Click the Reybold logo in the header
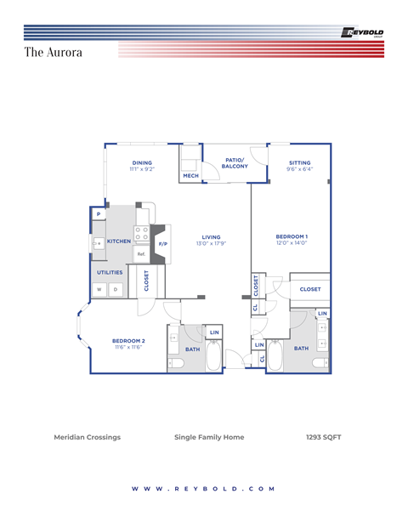[x=361, y=32]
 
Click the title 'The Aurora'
[x=53, y=53]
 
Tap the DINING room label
[x=142, y=162]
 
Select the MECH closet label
[x=190, y=176]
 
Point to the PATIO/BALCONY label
[x=235, y=162]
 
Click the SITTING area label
[x=299, y=162]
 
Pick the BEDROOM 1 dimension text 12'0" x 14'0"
[x=291, y=243]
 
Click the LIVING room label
[x=211, y=237]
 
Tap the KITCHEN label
[x=119, y=241]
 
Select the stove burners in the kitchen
[x=141, y=233]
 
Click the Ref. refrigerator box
[x=141, y=253]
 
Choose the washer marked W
[x=99, y=290]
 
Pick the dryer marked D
[x=116, y=290]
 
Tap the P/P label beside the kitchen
[x=162, y=244]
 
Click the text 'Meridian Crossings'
[x=87, y=437]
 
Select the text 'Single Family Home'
[x=209, y=437]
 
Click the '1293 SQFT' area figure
[x=323, y=437]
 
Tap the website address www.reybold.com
[x=204, y=489]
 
